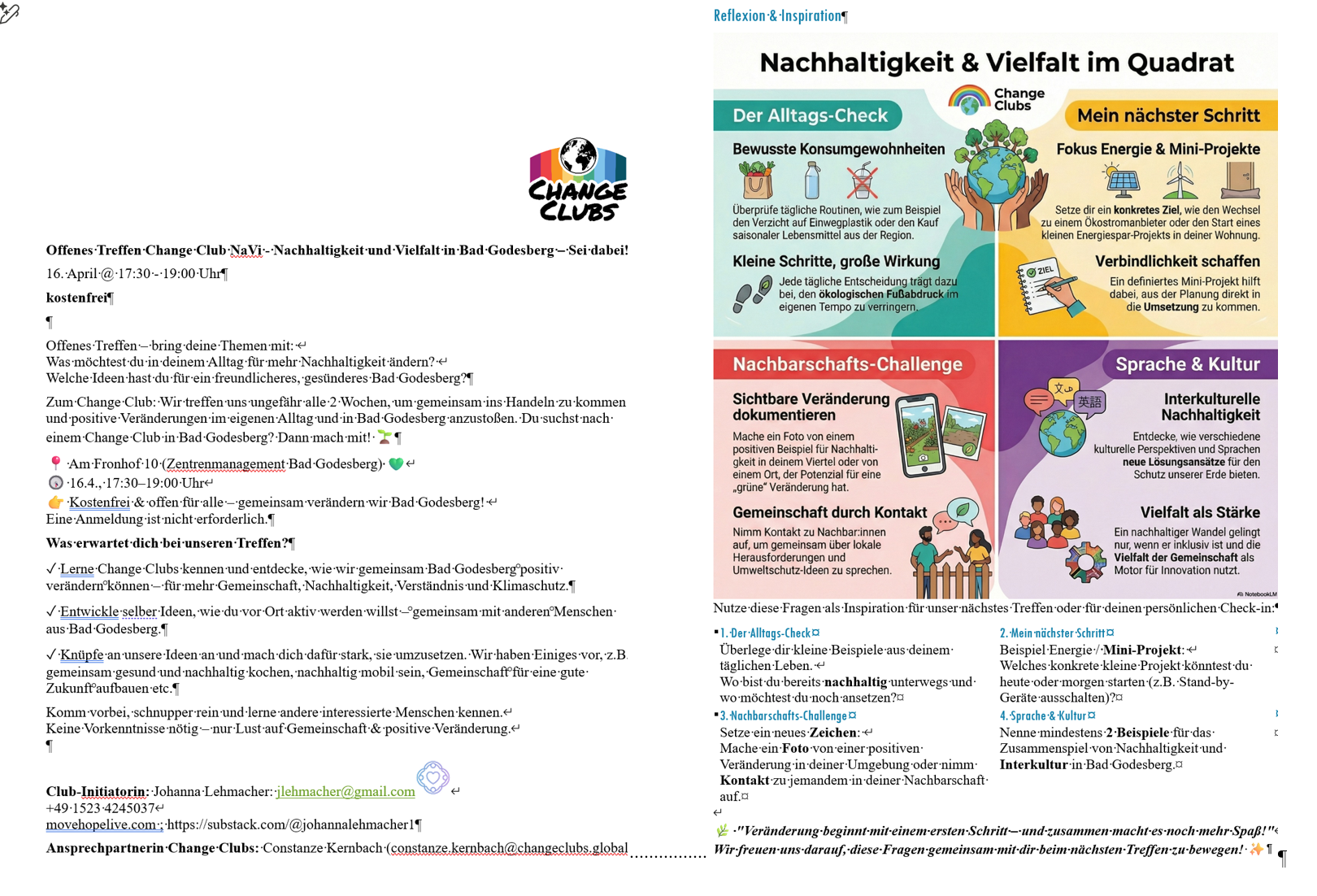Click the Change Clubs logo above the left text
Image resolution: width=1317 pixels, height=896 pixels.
(x=578, y=180)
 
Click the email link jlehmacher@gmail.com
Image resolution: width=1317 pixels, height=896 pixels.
(x=346, y=791)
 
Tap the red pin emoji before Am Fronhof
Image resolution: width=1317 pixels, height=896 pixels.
(x=55, y=463)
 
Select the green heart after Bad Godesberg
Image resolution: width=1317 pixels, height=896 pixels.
(x=396, y=464)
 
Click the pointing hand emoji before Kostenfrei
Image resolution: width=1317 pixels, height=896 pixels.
(x=55, y=502)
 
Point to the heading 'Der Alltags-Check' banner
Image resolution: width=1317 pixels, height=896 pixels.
(x=809, y=115)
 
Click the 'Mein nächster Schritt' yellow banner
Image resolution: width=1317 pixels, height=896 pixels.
(x=1167, y=115)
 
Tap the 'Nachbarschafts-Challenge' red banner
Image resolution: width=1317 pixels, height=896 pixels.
(x=846, y=364)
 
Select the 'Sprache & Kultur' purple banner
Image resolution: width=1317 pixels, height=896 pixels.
(x=1187, y=364)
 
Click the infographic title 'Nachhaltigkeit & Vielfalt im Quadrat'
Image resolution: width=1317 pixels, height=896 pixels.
(x=996, y=62)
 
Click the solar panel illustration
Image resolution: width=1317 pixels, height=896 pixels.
(x=1122, y=181)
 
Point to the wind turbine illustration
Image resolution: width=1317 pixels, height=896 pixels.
(x=1180, y=180)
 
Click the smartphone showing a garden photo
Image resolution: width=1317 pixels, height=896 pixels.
(x=923, y=435)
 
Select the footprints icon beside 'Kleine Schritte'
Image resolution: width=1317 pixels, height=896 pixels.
(x=752, y=294)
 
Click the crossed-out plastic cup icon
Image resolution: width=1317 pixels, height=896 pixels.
(x=863, y=181)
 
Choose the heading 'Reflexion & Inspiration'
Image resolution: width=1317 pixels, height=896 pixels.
(x=777, y=15)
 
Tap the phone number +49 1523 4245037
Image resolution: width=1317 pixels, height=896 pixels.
(x=100, y=808)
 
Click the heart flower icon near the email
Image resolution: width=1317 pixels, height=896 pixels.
(x=433, y=777)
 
